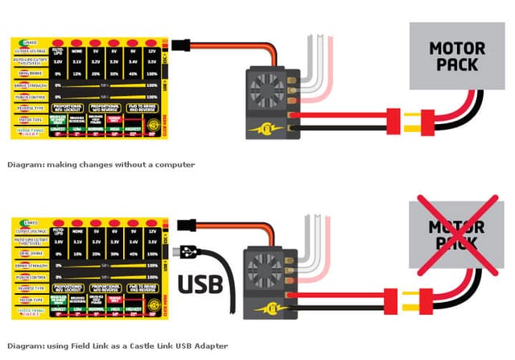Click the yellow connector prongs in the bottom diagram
click(417, 305)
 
